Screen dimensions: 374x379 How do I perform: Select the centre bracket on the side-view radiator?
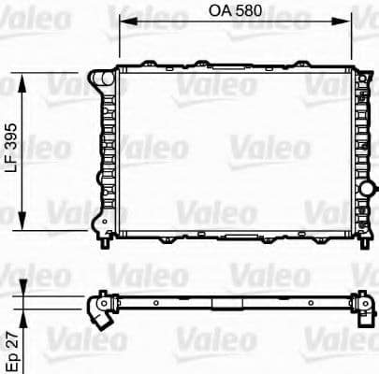(221, 306)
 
